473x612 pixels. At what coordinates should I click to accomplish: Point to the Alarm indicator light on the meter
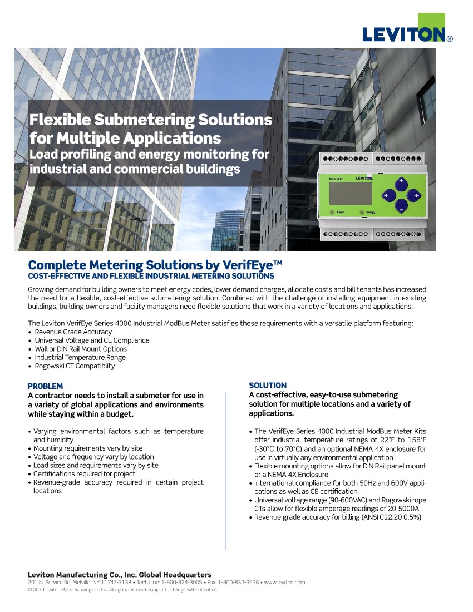pos(332,213)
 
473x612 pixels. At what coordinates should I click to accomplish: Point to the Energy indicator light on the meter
pos(362,213)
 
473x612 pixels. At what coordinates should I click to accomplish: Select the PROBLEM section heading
pos(45,386)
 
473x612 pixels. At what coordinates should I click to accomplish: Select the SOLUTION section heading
pos(268,385)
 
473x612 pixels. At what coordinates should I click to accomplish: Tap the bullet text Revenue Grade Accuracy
pos(73,332)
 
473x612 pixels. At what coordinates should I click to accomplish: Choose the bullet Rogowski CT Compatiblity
pos(75,366)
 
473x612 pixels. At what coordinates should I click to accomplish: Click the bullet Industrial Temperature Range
pos(80,357)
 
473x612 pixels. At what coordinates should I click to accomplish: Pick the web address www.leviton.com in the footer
pos(284,582)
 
